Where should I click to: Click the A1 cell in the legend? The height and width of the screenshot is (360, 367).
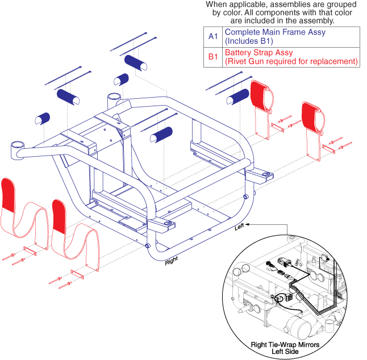[x=213, y=36]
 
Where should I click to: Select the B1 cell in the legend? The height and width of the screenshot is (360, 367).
[x=213, y=57]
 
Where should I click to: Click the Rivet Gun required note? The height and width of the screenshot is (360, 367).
[x=291, y=61]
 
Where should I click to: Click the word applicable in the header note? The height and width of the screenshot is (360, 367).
[x=248, y=5]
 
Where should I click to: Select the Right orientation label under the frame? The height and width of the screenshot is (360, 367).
[x=172, y=262]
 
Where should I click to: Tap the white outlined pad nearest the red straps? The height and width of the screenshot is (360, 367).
[x=235, y=101]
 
